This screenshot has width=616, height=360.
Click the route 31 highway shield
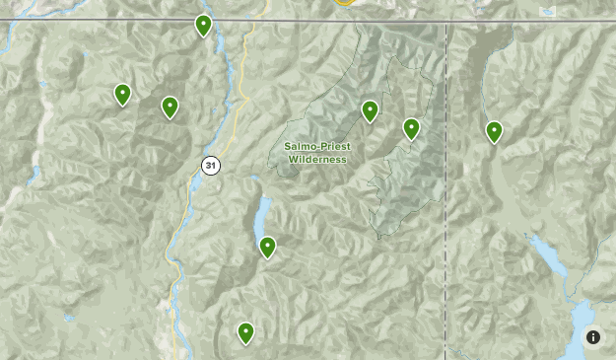(x=210, y=165)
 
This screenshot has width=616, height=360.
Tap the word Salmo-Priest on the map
(x=317, y=146)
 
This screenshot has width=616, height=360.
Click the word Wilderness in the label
(x=317, y=159)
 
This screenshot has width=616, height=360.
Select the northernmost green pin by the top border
(x=203, y=25)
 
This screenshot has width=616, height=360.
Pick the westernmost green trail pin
(x=122, y=94)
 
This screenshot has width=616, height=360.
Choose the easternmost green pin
(x=494, y=131)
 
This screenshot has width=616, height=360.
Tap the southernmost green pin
(x=245, y=333)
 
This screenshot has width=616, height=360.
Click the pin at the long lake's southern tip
(x=267, y=247)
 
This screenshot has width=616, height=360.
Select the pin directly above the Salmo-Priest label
(x=370, y=110)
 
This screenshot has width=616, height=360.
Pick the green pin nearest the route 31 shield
(x=170, y=107)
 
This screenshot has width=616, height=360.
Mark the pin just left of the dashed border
(x=411, y=128)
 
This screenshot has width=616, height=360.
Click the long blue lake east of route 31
(x=261, y=212)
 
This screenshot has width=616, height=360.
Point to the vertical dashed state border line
(x=447, y=197)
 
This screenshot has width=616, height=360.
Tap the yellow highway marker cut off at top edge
(x=344, y=3)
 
